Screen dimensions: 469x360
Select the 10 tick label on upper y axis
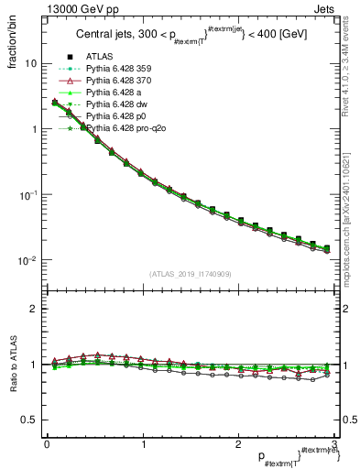(x=31, y=64)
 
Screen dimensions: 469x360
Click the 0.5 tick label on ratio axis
(x=29, y=420)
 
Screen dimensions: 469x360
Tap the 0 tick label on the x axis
(x=47, y=444)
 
